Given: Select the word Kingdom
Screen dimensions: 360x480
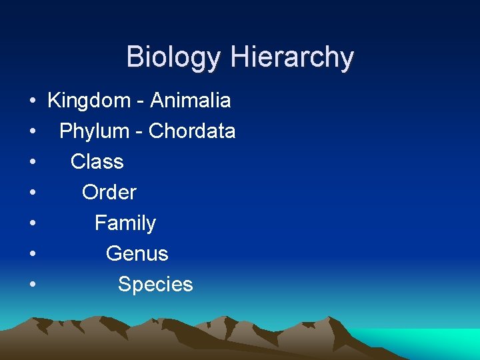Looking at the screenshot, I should pos(89,101).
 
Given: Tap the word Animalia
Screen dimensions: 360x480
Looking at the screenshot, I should pos(191,101).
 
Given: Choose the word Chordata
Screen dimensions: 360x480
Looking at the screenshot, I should pos(192,131).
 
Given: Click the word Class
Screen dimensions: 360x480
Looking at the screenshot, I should pos(97,162).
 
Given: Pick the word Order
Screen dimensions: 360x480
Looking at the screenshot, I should pos(109,193).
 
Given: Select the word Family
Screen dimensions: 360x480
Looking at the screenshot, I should pos(125,223).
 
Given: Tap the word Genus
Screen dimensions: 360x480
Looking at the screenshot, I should pos(137,254).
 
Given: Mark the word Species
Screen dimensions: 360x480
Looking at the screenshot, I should pos(155,285).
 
